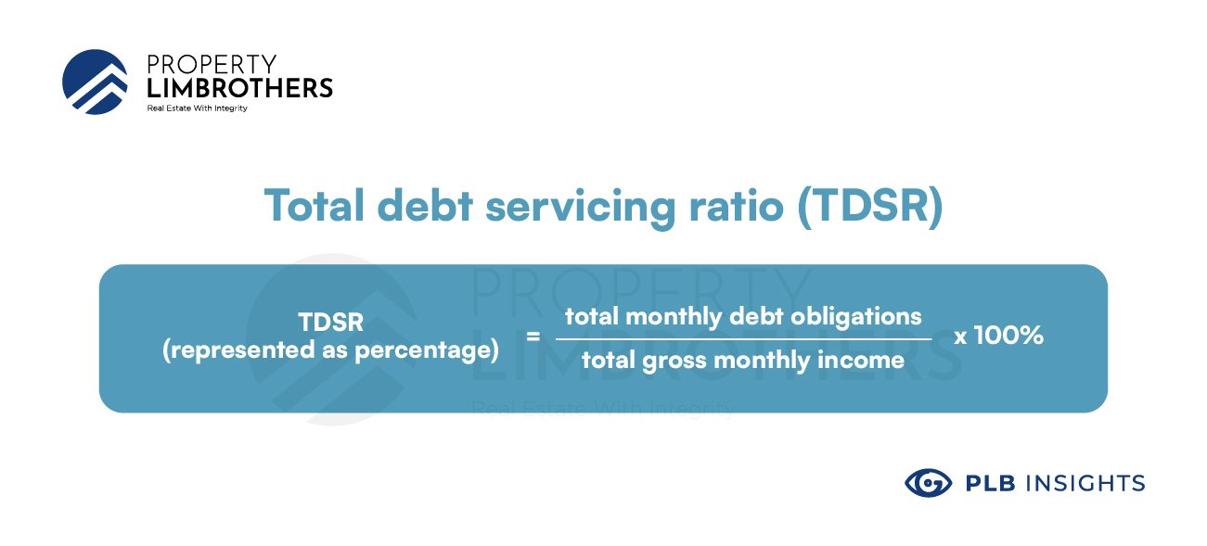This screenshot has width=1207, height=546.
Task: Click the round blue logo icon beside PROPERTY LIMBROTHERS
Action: point(95,82)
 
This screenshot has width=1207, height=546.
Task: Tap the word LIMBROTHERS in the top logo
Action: point(239,88)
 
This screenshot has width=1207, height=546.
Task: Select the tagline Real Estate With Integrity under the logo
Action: point(198,108)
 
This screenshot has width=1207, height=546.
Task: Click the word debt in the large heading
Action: point(425,206)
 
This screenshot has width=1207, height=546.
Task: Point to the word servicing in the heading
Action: point(581,209)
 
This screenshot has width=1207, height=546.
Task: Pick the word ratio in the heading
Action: point(736,206)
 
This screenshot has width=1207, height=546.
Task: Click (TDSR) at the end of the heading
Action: point(870,207)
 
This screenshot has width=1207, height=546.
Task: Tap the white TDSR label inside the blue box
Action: point(331,322)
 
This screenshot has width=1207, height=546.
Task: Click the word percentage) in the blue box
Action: point(427,350)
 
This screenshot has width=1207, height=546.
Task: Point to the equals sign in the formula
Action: point(533,336)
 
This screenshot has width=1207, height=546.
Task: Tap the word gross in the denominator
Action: point(674,362)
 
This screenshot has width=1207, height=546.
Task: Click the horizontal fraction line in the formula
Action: point(744,339)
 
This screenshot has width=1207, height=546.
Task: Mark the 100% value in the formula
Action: point(1008,335)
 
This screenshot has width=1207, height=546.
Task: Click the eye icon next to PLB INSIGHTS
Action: point(928,483)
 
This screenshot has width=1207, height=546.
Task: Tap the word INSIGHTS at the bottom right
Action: point(1085,484)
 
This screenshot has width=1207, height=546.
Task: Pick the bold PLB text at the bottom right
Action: point(991,484)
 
